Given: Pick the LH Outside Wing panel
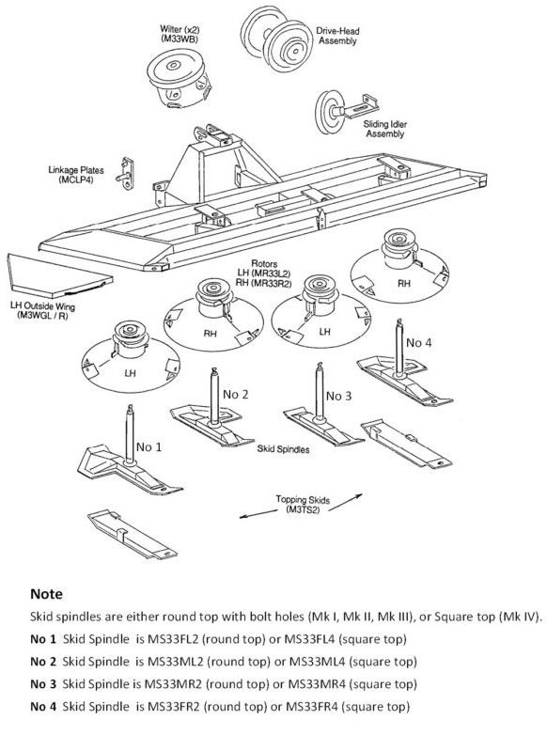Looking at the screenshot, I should coord(56,269).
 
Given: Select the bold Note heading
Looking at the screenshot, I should coord(47,595).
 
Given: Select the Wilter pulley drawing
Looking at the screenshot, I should coord(179,75).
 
